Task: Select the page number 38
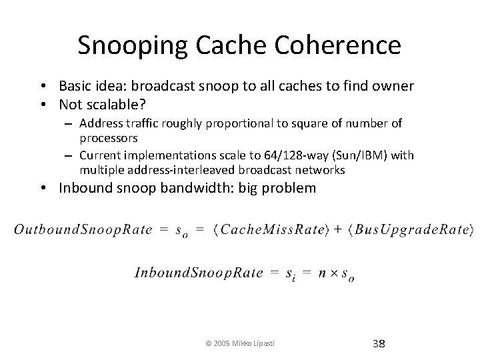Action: [x=379, y=344]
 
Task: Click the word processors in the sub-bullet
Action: [x=109, y=138]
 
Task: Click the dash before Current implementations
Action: [x=69, y=155]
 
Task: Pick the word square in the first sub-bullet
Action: [x=304, y=123]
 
